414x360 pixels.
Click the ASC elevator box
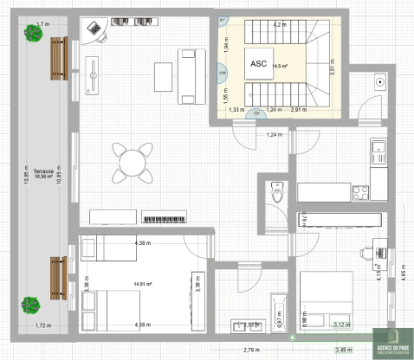tap(258, 64)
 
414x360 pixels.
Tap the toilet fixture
tap(277, 192)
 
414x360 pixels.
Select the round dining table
tap(130, 161)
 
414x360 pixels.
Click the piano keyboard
tap(164, 218)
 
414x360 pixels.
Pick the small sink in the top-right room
tap(379, 82)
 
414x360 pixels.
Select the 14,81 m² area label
tap(143, 283)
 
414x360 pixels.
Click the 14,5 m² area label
tap(281, 65)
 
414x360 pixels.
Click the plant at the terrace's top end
tap(34, 35)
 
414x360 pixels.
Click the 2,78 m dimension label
tap(251, 349)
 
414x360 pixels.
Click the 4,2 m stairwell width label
tap(279, 25)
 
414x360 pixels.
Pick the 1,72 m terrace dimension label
tap(43, 325)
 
